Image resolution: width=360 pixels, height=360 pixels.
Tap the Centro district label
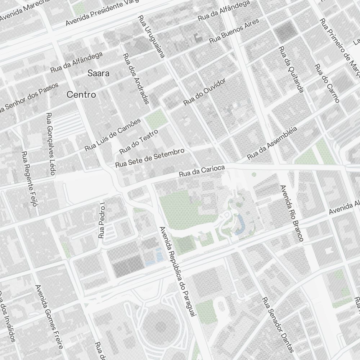pos(81,95)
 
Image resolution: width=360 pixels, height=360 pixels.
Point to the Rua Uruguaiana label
pos(151,37)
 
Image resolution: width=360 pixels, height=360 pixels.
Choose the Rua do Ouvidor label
pos(204,92)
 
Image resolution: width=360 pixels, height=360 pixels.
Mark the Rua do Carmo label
pos(327,84)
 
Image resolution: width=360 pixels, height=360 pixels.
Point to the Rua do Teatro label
pos(139,141)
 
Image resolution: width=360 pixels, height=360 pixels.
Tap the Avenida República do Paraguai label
pos(177,272)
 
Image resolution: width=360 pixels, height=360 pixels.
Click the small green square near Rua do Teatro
pos(155,118)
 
